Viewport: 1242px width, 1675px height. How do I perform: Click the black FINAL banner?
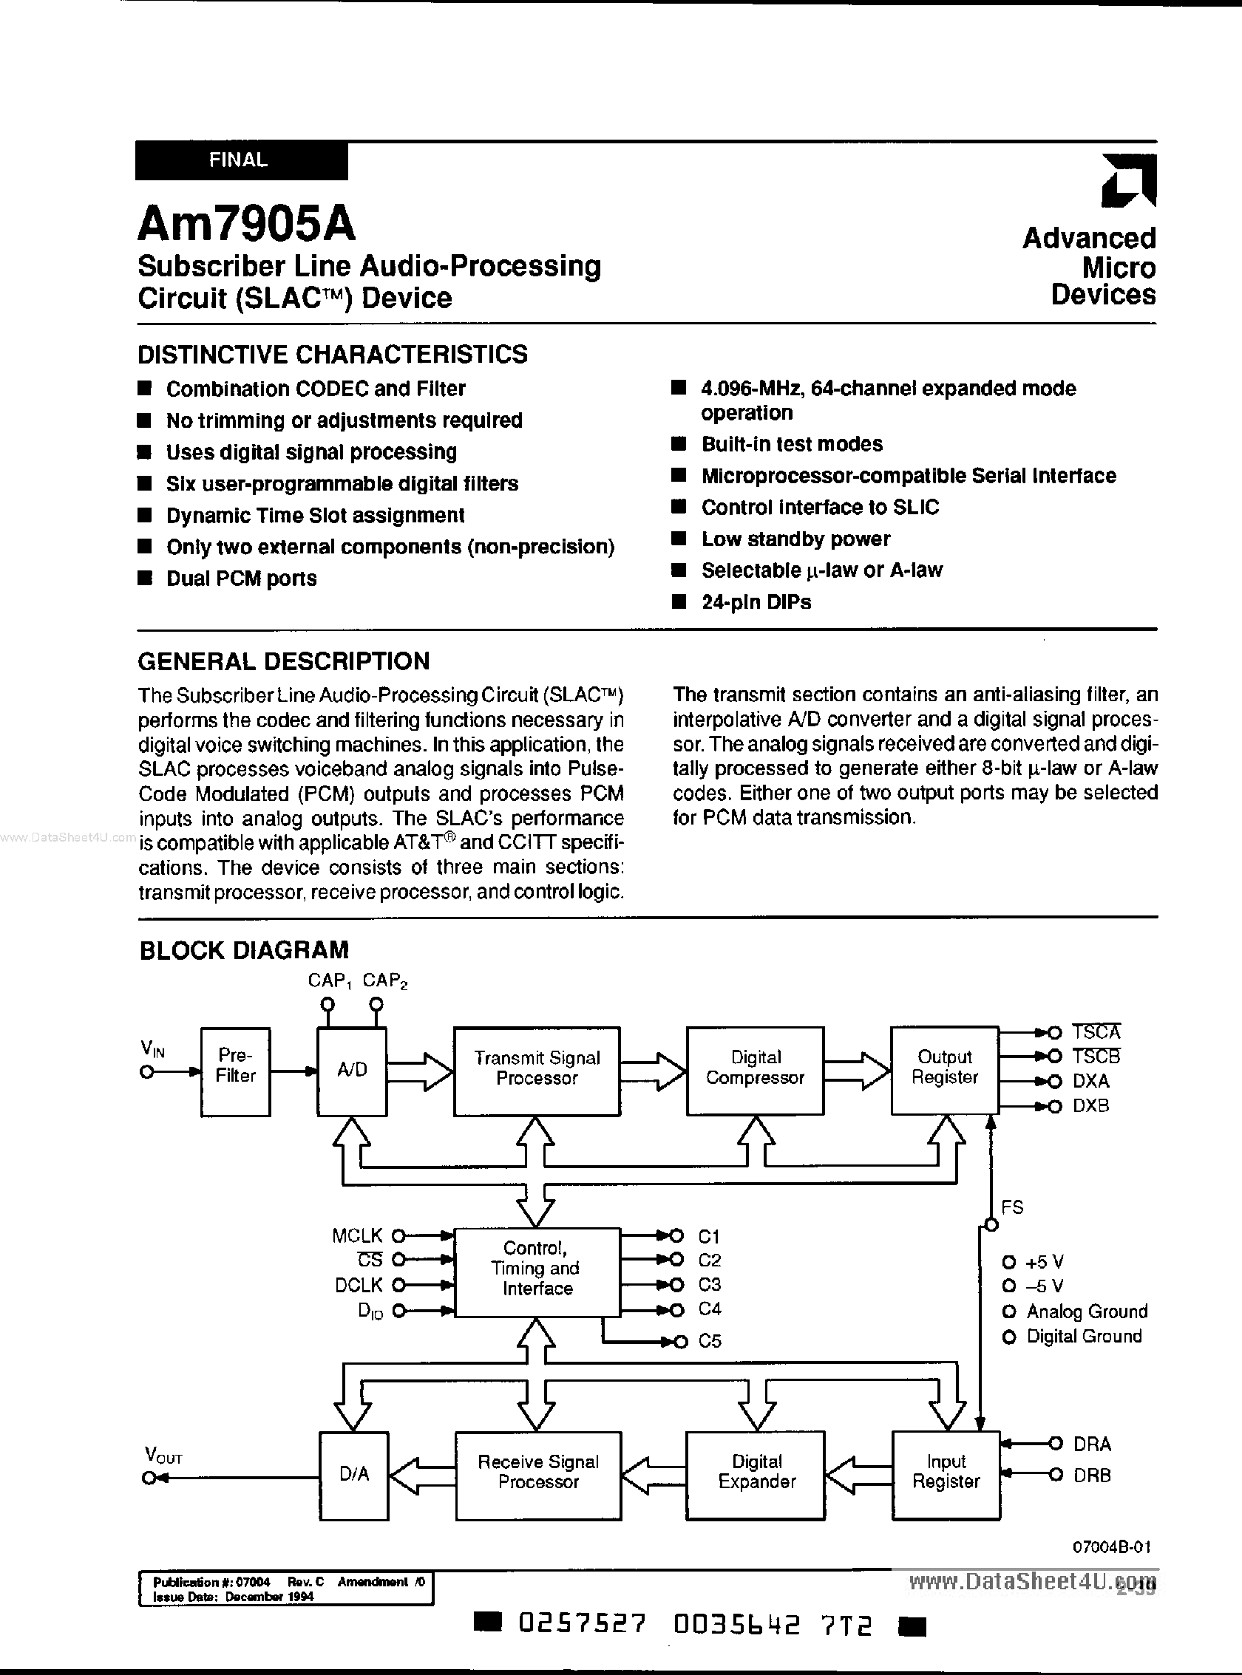[x=240, y=161]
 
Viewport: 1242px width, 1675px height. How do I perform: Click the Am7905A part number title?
[x=247, y=224]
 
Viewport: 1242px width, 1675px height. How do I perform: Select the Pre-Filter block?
[x=235, y=1071]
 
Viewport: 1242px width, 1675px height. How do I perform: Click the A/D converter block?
[x=352, y=1071]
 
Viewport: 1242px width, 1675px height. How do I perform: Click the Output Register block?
[x=944, y=1070]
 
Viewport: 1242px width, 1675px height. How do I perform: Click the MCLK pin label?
[x=357, y=1235]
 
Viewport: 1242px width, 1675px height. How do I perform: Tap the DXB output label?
[x=1091, y=1106]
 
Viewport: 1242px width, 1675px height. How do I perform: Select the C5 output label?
[x=710, y=1341]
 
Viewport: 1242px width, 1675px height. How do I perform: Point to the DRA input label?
[x=1092, y=1444]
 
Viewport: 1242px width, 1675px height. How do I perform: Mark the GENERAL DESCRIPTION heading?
[x=284, y=661]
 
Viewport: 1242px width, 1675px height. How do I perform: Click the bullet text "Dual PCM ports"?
[x=241, y=579]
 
